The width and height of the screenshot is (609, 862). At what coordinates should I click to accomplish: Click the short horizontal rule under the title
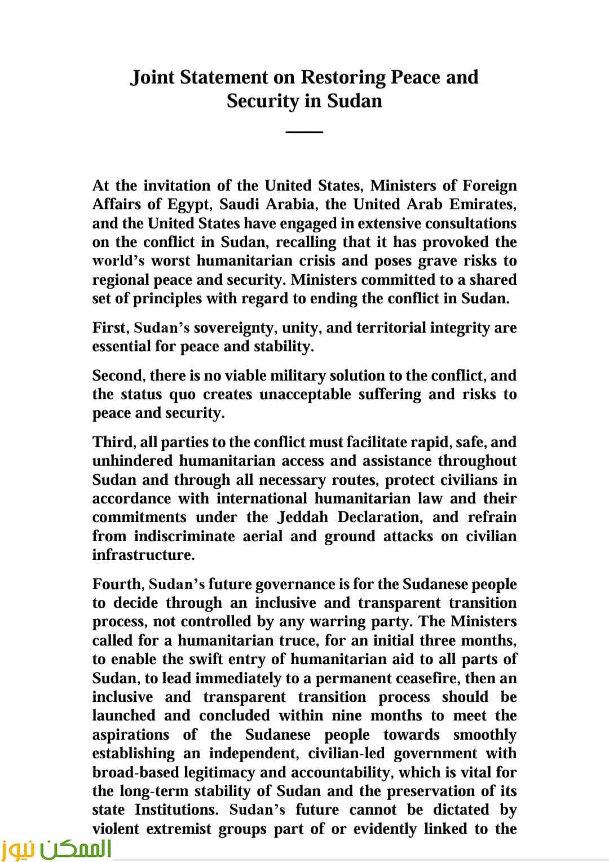[x=304, y=132]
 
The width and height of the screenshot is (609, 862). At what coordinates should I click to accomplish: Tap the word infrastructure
[x=143, y=555]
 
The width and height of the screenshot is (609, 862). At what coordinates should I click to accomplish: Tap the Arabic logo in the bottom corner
[x=56, y=848]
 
